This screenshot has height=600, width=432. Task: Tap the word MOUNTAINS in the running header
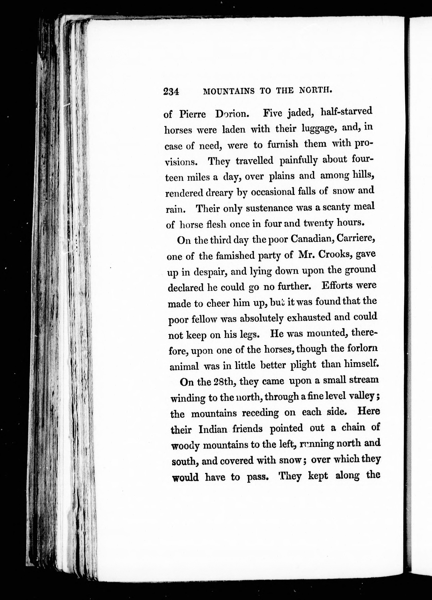point(228,91)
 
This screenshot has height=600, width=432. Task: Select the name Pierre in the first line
point(192,114)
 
